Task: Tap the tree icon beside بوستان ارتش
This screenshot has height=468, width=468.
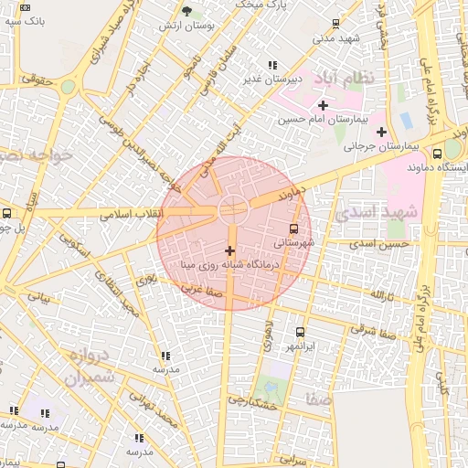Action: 187,12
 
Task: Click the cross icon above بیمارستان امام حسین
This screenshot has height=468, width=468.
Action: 323,105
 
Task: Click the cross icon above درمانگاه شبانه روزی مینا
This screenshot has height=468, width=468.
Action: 229,250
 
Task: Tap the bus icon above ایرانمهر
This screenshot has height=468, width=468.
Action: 300,334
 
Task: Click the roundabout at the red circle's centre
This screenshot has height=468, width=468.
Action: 232,209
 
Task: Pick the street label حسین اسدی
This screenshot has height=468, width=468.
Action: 383,244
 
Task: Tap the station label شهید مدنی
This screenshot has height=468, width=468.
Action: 335,38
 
